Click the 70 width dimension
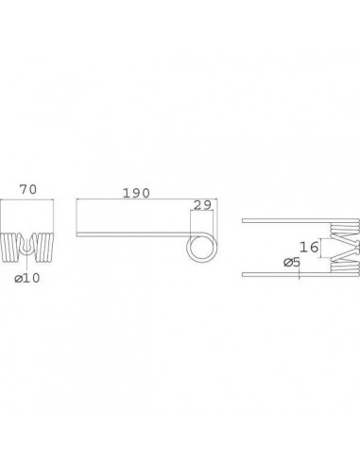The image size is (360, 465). (x=30, y=190)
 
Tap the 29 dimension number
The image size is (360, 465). (x=202, y=205)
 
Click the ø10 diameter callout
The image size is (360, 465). (x=29, y=277)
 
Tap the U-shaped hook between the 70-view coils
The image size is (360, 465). (x=30, y=244)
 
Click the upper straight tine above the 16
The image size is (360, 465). (x=283, y=222)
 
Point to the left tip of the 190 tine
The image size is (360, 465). (x=78, y=235)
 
